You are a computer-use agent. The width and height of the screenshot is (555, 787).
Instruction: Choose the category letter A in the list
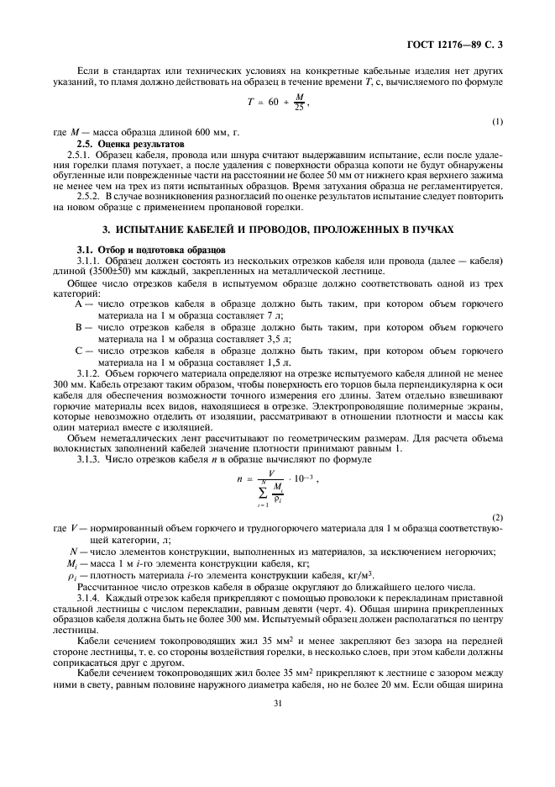79,304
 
